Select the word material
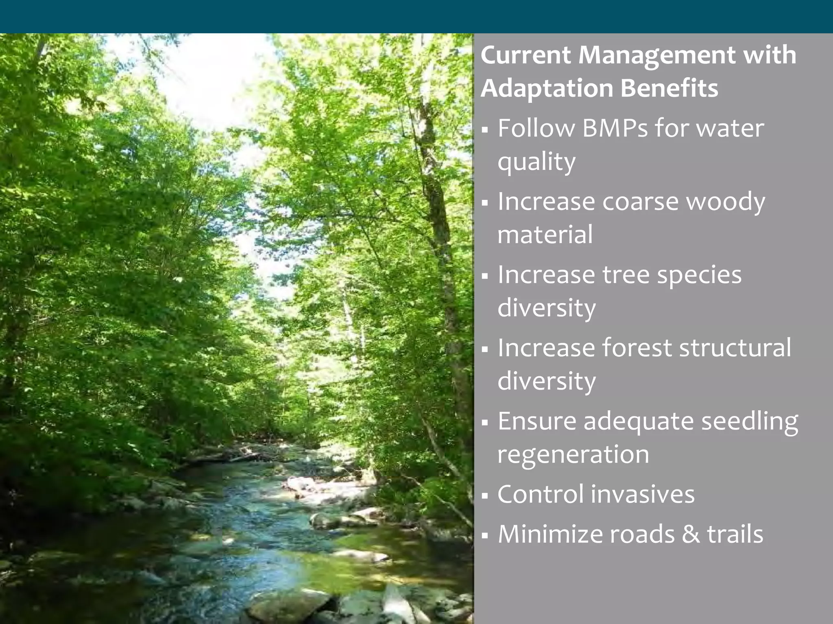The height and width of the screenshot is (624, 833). pyautogui.click(x=545, y=235)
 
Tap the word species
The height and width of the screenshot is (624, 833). pyautogui.click(x=699, y=275)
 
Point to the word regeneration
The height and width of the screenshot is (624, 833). pyautogui.click(x=573, y=455)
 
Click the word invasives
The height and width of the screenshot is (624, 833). pyautogui.click(x=643, y=494)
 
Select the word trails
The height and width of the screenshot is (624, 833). pyautogui.click(x=735, y=534)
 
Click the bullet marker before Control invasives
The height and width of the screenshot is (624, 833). pyautogui.click(x=484, y=496)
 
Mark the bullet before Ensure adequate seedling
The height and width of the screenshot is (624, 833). pyautogui.click(x=484, y=423)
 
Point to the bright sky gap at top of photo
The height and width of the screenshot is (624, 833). pyautogui.click(x=203, y=77)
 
